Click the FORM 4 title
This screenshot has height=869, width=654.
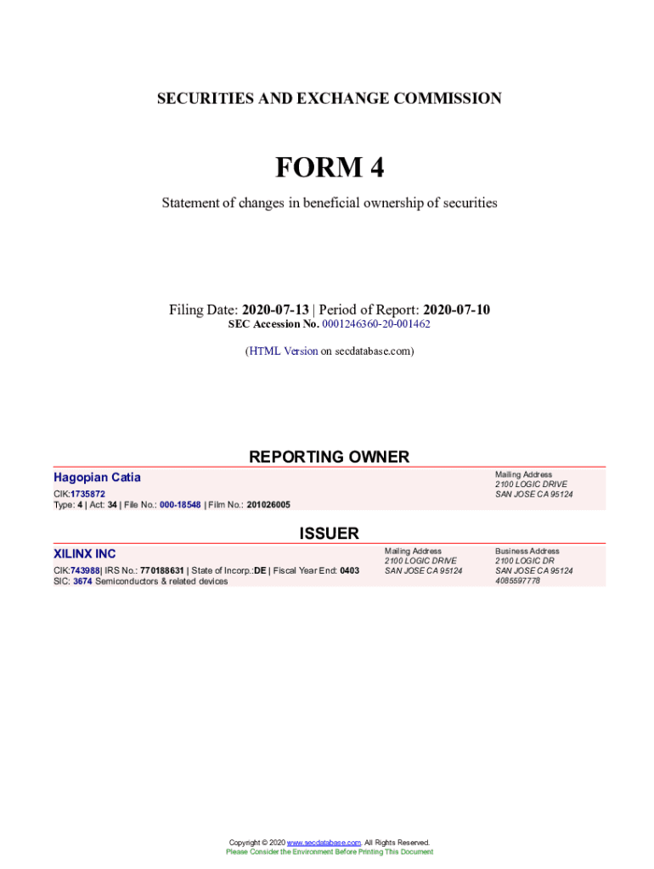(x=329, y=168)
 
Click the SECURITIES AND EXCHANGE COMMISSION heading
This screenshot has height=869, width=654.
(x=329, y=98)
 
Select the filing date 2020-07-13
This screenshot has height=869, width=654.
(x=275, y=310)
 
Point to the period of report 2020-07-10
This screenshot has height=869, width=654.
(x=456, y=310)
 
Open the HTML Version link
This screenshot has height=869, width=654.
(x=284, y=350)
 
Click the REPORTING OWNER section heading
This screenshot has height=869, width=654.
(x=329, y=457)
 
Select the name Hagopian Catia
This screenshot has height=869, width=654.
(x=97, y=478)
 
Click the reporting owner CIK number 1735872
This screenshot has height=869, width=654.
(x=88, y=494)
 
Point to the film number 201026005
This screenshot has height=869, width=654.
(x=268, y=505)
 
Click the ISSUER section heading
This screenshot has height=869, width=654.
(x=329, y=533)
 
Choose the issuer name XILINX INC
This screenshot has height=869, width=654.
(x=85, y=554)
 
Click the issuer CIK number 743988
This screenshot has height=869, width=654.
(x=85, y=570)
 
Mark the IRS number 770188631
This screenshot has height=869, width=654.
(x=162, y=570)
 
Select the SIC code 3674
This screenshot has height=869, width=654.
(x=82, y=581)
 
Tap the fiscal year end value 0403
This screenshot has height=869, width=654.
(x=349, y=570)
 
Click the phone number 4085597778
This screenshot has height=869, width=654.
(x=517, y=581)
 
